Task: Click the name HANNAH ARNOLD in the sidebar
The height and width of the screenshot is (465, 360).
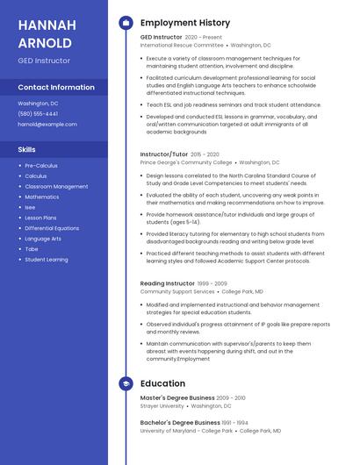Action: point(45,33)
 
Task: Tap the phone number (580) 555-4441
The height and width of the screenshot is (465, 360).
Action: point(38,113)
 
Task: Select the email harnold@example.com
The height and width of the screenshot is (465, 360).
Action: point(47,124)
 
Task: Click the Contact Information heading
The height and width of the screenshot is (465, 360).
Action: point(56,87)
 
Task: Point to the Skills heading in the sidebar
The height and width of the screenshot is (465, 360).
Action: point(26,149)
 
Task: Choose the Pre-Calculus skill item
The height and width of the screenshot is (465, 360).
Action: point(41,165)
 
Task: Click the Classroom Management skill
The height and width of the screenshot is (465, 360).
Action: point(56,186)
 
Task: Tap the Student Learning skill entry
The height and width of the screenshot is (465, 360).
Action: point(47,260)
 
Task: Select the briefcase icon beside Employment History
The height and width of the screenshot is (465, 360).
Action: point(126,22)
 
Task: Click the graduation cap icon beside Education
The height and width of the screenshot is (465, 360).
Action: point(126,383)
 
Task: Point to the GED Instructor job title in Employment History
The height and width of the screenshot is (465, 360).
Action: point(162,38)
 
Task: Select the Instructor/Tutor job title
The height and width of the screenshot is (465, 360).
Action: point(164,154)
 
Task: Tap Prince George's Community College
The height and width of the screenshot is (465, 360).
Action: point(186,162)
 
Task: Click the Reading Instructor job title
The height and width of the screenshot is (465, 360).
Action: point(168,283)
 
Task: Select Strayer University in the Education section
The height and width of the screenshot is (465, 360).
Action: point(162,406)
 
